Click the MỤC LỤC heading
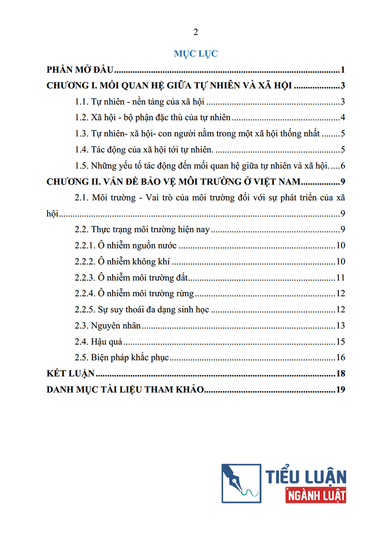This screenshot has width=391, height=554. [195, 53]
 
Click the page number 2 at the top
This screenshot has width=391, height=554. [195, 32]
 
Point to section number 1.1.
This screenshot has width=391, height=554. [82, 102]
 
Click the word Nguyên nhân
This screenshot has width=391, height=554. [116, 326]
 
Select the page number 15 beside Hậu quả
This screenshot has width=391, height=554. [341, 342]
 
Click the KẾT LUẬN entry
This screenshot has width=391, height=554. [70, 374]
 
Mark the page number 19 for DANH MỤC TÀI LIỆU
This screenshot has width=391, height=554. [341, 390]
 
